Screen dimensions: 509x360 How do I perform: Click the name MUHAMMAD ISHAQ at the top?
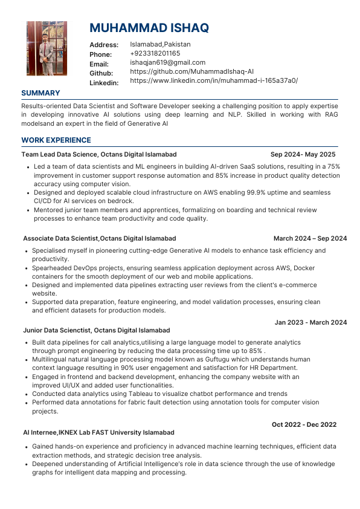coord(149,28)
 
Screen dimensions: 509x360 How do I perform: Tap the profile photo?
coord(43,48)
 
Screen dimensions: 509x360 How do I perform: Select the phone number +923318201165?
coord(155,54)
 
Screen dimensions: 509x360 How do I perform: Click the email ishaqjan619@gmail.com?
coord(167,63)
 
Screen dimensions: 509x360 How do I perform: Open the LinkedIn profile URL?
coord(213,81)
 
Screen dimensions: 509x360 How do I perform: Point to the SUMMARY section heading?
coord(40,93)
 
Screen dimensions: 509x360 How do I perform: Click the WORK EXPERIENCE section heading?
coord(56,140)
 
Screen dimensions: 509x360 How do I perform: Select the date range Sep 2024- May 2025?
coord(303,155)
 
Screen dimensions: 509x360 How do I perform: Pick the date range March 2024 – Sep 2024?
coord(310,239)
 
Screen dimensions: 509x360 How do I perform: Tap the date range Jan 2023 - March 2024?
coord(310,322)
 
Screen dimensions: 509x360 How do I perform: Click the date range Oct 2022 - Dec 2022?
coord(304,425)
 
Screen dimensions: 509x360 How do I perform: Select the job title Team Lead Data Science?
coord(59,155)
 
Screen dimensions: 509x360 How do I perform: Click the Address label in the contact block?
coord(104,45)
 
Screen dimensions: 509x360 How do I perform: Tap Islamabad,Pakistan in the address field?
coord(160,45)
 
